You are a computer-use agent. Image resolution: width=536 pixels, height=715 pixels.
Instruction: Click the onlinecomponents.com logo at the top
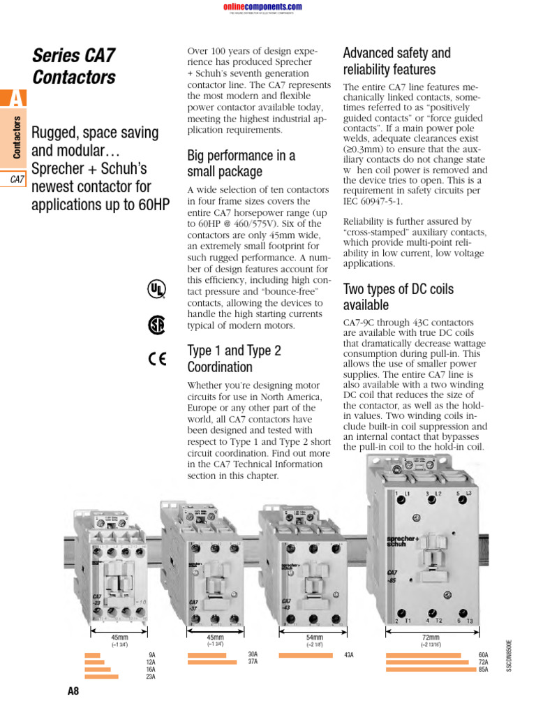click(262, 7)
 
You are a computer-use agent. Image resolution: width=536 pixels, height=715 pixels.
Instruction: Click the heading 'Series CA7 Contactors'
click(74, 66)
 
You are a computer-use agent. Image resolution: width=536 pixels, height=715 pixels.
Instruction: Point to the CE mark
click(157, 360)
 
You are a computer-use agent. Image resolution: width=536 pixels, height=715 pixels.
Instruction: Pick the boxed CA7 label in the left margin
click(17, 179)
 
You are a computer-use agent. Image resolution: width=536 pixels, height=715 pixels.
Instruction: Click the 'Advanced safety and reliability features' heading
click(397, 61)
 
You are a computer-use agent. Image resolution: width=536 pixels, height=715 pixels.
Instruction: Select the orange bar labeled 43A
click(306, 655)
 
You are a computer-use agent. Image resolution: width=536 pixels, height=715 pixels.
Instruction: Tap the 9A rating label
click(151, 655)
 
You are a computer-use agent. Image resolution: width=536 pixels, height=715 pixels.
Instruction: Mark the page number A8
click(73, 692)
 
